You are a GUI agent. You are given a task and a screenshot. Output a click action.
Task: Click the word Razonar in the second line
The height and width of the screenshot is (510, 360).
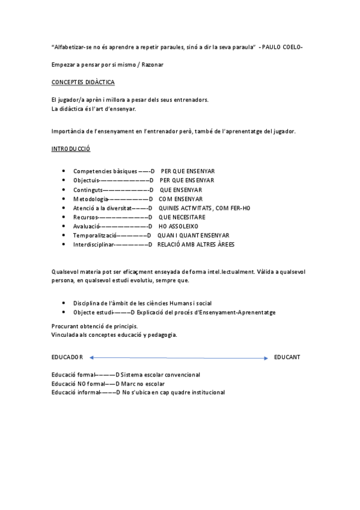click(x=151, y=64)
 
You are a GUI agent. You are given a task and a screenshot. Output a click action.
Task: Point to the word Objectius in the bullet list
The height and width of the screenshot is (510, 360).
click(x=86, y=180)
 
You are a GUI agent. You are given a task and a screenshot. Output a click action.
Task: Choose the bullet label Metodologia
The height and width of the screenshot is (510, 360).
click(x=91, y=199)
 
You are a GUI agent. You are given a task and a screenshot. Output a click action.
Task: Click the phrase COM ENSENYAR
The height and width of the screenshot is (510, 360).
click(x=180, y=199)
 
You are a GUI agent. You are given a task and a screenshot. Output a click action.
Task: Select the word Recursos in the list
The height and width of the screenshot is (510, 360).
click(x=85, y=217)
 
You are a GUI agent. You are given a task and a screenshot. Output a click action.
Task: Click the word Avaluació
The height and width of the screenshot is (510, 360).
click(x=87, y=227)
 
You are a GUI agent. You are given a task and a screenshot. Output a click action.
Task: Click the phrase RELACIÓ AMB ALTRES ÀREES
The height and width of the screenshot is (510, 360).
click(x=196, y=245)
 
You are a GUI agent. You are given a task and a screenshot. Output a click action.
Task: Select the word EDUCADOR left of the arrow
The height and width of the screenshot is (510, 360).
click(x=67, y=357)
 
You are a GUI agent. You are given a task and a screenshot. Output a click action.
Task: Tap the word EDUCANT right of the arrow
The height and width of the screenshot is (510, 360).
click(x=287, y=357)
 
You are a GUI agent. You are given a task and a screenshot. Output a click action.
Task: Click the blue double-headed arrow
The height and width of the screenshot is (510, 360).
click(x=178, y=358)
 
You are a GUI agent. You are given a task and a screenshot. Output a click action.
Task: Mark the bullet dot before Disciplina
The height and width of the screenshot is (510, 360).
click(x=64, y=304)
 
